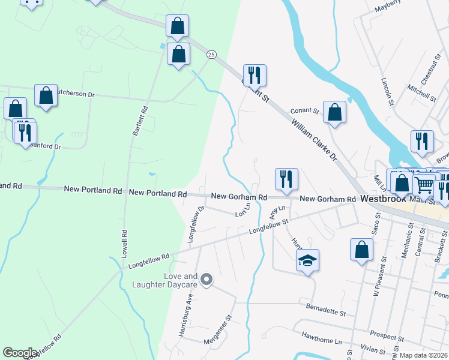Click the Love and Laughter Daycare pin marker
pyautogui.click(x=206, y=280)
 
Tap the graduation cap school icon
pyautogui.click(x=307, y=260)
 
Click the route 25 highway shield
pyautogui.click(x=211, y=54)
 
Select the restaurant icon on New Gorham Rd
pyautogui.click(x=286, y=179)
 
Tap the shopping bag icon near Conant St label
pyautogui.click(x=334, y=112)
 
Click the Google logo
pyautogui.click(x=20, y=353)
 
